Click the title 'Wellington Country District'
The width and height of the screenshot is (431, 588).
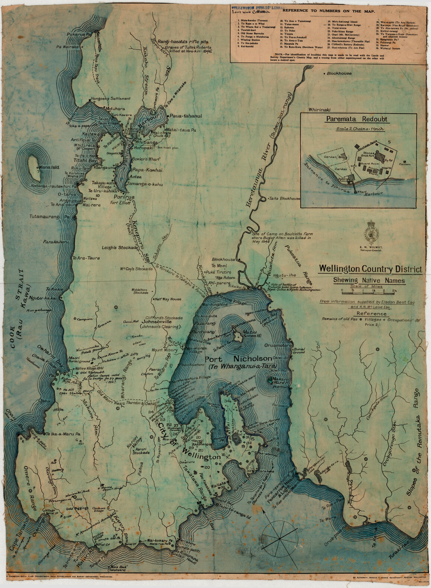click(x=370, y=269)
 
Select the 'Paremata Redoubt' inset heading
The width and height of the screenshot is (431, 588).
click(x=356, y=119)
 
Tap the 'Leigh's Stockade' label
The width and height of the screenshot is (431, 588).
click(x=119, y=247)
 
